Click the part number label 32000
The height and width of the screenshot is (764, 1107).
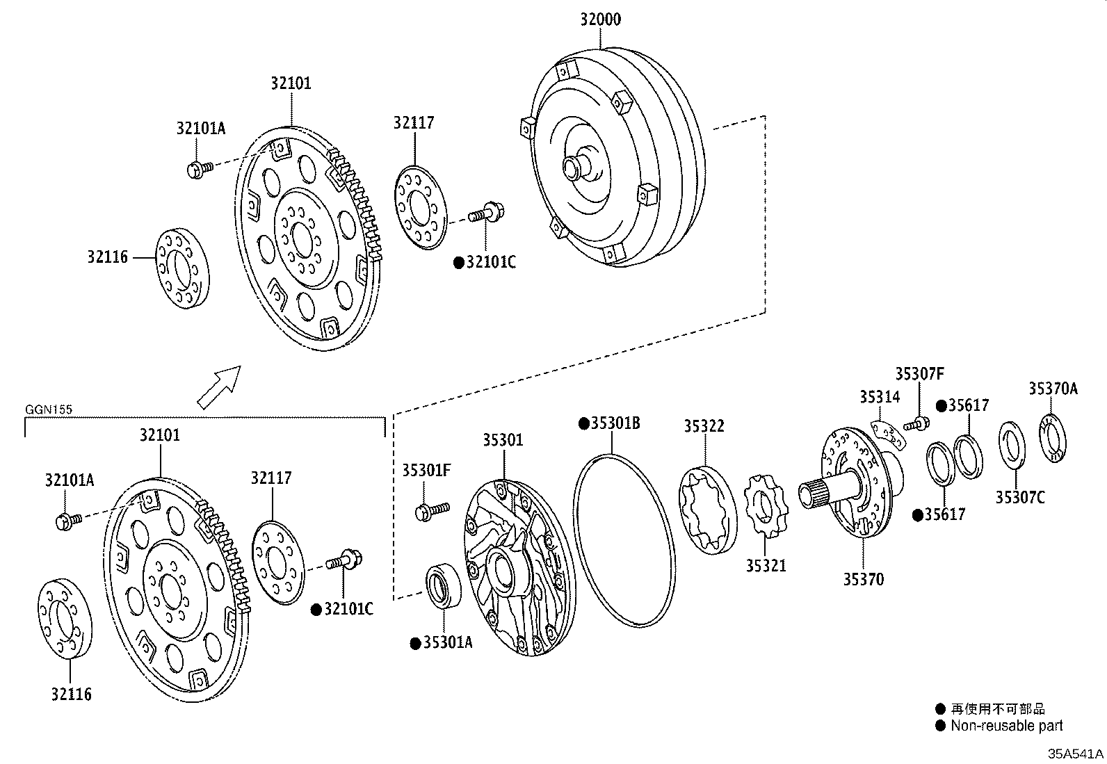[x=601, y=19]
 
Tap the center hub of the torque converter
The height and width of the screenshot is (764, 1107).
[x=576, y=168]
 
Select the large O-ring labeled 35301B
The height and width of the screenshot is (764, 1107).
[x=625, y=540]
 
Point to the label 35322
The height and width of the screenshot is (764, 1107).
[x=704, y=426]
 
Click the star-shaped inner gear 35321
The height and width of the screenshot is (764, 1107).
[x=766, y=505]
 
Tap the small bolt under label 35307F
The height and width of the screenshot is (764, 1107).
[x=916, y=423]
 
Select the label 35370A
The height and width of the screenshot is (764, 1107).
[x=1053, y=389]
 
